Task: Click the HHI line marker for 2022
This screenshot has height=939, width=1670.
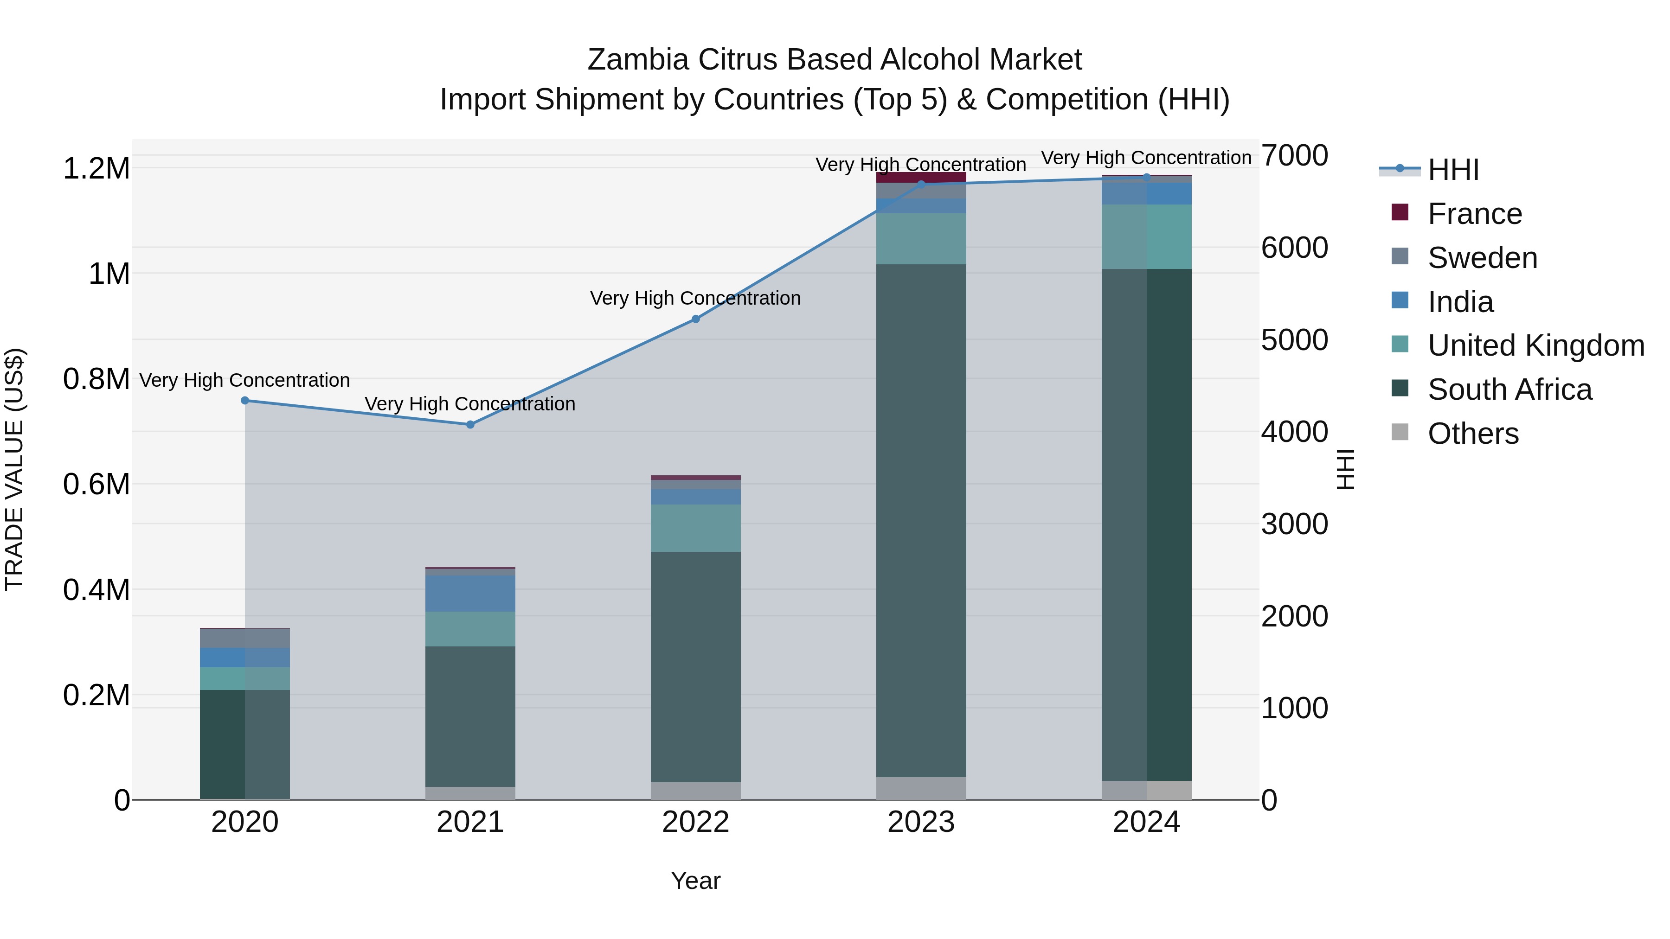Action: coord(696,319)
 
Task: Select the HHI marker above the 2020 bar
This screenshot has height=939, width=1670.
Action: coord(245,401)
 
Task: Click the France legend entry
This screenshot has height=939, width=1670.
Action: coord(1474,214)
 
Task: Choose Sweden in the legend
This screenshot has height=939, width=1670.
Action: coord(1482,258)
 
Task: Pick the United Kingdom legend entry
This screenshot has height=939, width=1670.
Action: coord(1535,345)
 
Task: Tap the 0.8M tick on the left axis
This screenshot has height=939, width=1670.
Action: coord(96,379)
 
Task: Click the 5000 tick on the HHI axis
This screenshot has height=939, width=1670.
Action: coord(1294,340)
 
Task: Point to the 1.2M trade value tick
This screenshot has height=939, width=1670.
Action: coord(96,168)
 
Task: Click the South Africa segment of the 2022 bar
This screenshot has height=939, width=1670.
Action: coord(696,667)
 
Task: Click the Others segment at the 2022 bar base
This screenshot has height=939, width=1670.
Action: coord(696,791)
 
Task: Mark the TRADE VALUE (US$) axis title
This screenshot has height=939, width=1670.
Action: coord(14,470)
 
